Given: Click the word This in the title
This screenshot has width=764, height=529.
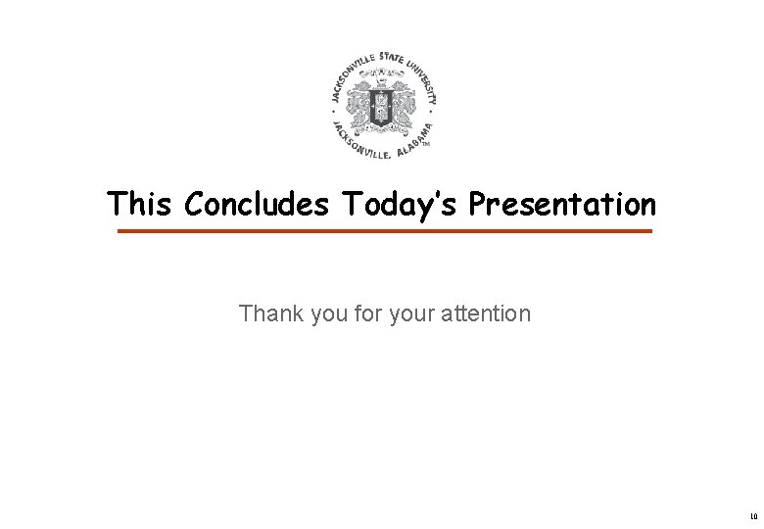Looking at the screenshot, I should click(141, 204).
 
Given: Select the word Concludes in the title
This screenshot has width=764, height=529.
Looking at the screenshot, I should click(255, 204).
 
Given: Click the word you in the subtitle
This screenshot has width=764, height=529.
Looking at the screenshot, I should click(317, 314).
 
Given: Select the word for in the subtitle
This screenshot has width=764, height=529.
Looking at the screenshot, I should click(356, 314).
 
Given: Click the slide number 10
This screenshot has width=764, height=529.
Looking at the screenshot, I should click(752, 515).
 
